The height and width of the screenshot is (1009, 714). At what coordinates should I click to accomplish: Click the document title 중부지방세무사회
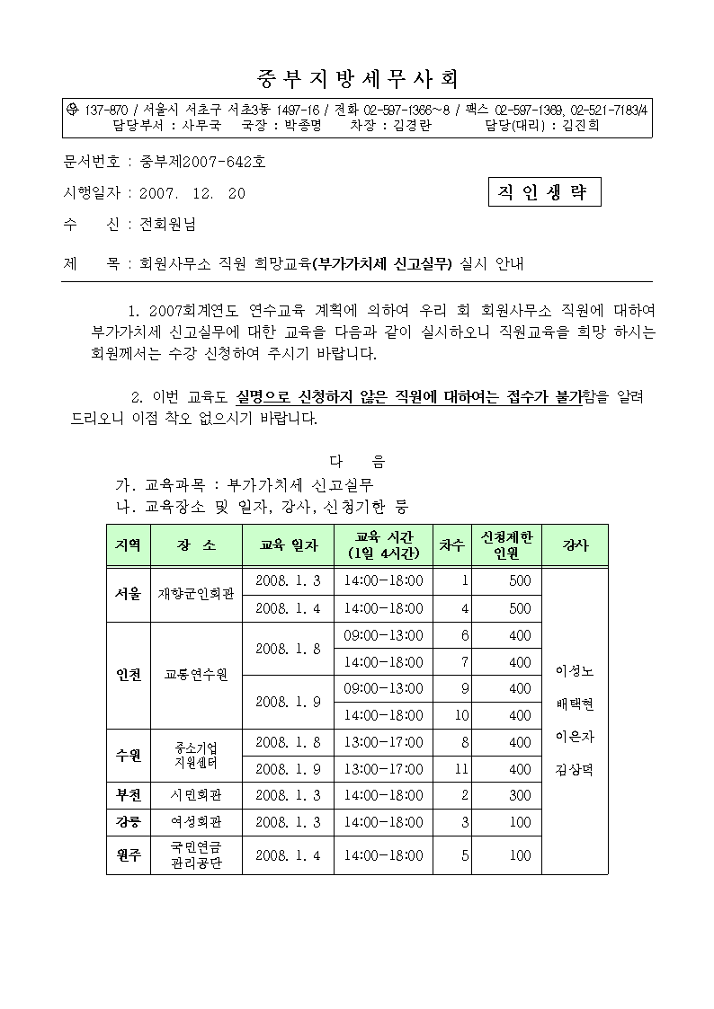(357, 78)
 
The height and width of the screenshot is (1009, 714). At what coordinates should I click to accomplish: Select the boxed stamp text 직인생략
(542, 193)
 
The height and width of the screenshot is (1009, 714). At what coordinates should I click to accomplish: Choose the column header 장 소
(196, 545)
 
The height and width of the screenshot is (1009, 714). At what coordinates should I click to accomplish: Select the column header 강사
(575, 545)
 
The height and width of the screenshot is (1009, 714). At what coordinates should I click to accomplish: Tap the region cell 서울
(128, 594)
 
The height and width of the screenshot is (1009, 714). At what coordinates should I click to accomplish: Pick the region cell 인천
(128, 675)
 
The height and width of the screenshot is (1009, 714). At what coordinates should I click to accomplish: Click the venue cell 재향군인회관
(196, 594)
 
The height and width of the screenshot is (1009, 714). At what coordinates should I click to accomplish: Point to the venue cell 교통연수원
(196, 675)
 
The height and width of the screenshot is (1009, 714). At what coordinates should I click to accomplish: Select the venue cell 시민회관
(196, 795)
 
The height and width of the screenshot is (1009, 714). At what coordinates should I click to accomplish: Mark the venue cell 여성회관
(196, 822)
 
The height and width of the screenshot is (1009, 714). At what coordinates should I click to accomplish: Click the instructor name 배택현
(575, 704)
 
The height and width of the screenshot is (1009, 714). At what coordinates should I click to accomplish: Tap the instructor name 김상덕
(575, 770)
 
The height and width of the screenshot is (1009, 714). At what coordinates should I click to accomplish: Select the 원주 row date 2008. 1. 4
(288, 855)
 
